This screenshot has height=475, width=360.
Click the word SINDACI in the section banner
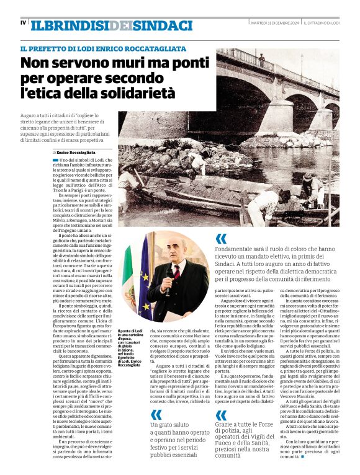point(162,25)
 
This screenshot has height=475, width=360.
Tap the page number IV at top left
point(23,23)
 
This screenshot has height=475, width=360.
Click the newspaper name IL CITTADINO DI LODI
point(322,23)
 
